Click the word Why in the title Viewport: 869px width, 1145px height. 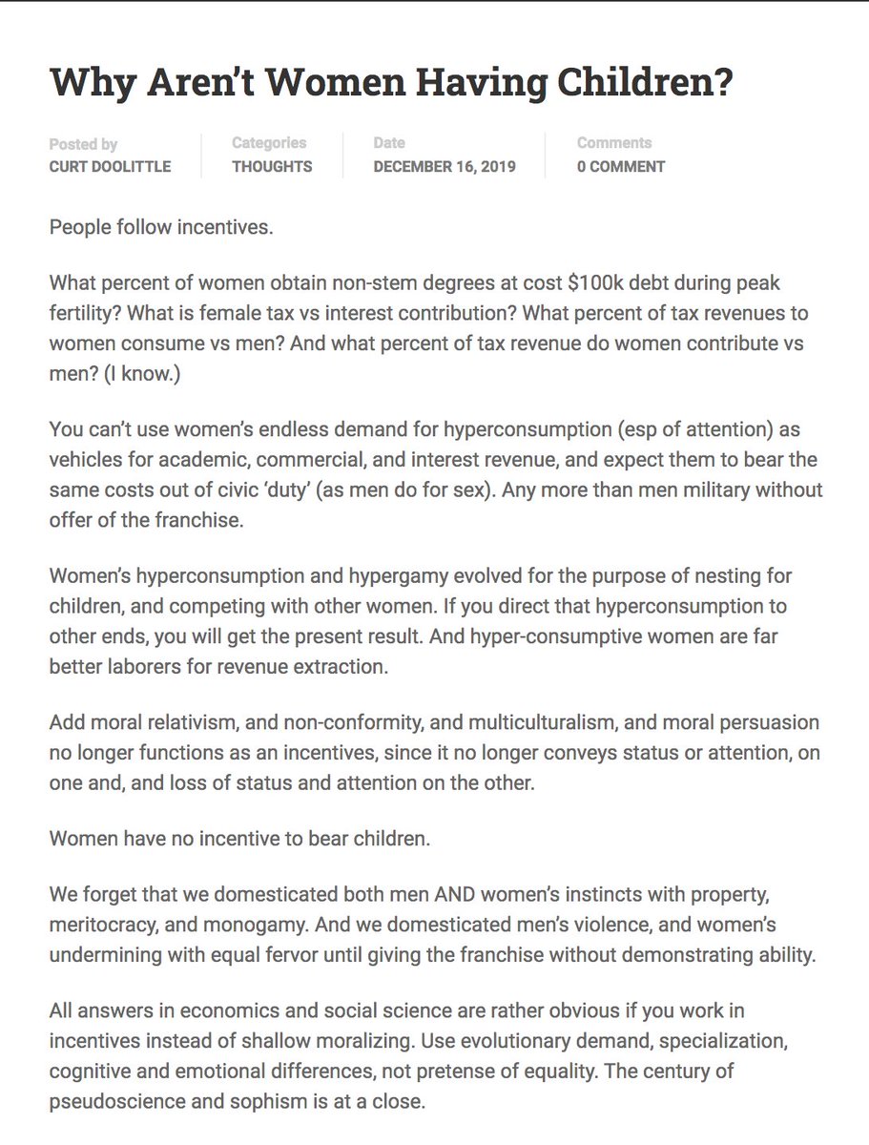tap(87, 83)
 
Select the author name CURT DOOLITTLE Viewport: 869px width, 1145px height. tap(111, 166)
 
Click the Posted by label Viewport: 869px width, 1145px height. tap(83, 144)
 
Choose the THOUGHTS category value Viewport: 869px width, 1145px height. tap(272, 166)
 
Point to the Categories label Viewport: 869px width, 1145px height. tap(269, 143)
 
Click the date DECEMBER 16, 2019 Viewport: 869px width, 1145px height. tap(445, 166)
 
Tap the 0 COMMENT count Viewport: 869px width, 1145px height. tap(621, 166)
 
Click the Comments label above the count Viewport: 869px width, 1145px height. tap(614, 143)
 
